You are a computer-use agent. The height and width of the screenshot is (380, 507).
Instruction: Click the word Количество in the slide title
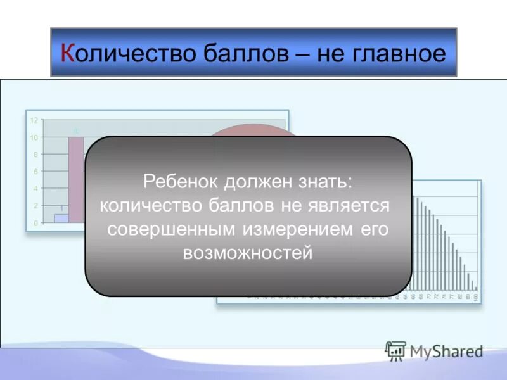tap(126, 53)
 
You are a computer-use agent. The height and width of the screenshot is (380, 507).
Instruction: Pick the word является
tap(356, 206)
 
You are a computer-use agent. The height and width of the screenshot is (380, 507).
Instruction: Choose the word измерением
tap(302, 229)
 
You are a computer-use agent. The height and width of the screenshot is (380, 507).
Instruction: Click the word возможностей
tap(248, 253)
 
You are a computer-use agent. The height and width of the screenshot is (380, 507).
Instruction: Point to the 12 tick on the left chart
tap(34, 120)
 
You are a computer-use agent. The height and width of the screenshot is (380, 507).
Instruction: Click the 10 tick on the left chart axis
tap(34, 137)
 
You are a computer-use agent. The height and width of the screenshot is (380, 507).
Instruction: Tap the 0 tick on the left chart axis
tap(35, 223)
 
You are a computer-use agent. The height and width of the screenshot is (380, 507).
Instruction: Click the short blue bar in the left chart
tap(61, 218)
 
